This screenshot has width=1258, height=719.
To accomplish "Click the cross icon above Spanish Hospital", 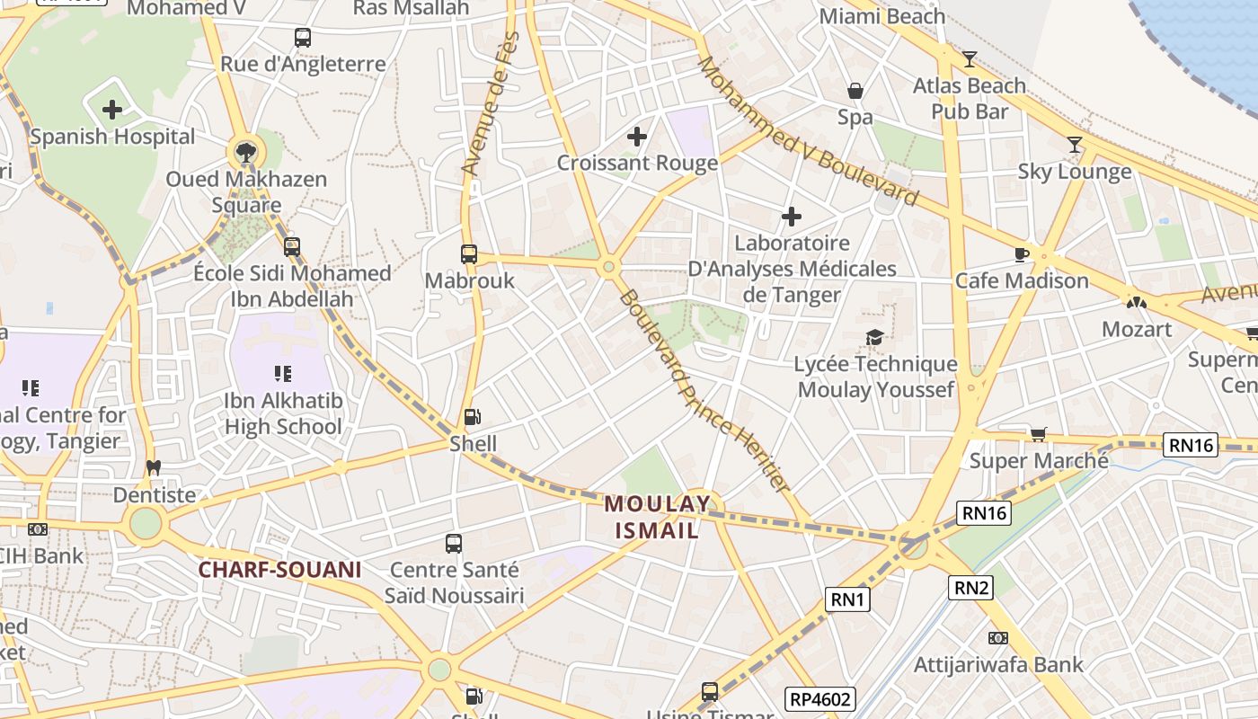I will point(112,111).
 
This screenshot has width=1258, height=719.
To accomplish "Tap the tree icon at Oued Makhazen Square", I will point(244,150).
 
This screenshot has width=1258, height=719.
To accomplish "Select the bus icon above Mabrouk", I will point(469,254).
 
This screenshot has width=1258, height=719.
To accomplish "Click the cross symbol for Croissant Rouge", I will point(637,137).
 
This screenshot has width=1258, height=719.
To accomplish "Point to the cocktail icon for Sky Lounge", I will point(1075,145).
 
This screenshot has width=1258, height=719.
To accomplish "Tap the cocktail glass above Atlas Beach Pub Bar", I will point(970,59).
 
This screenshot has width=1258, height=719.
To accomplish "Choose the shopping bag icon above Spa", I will point(855,91).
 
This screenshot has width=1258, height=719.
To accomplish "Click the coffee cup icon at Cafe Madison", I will point(1022,254).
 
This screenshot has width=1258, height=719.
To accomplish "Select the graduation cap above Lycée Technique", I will point(874,338).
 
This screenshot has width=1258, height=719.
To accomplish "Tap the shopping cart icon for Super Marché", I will point(1039,435).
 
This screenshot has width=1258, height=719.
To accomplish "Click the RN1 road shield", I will point(848,599).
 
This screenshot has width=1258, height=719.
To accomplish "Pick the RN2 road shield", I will point(972,588).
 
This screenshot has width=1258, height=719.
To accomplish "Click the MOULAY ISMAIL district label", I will point(657,517).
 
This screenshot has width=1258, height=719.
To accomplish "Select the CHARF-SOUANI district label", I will point(279,570).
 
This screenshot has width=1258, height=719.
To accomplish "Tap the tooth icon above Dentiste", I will point(154,468).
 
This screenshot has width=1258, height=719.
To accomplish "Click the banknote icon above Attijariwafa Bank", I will point(998,638).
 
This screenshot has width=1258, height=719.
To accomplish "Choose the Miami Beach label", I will point(882,16).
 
